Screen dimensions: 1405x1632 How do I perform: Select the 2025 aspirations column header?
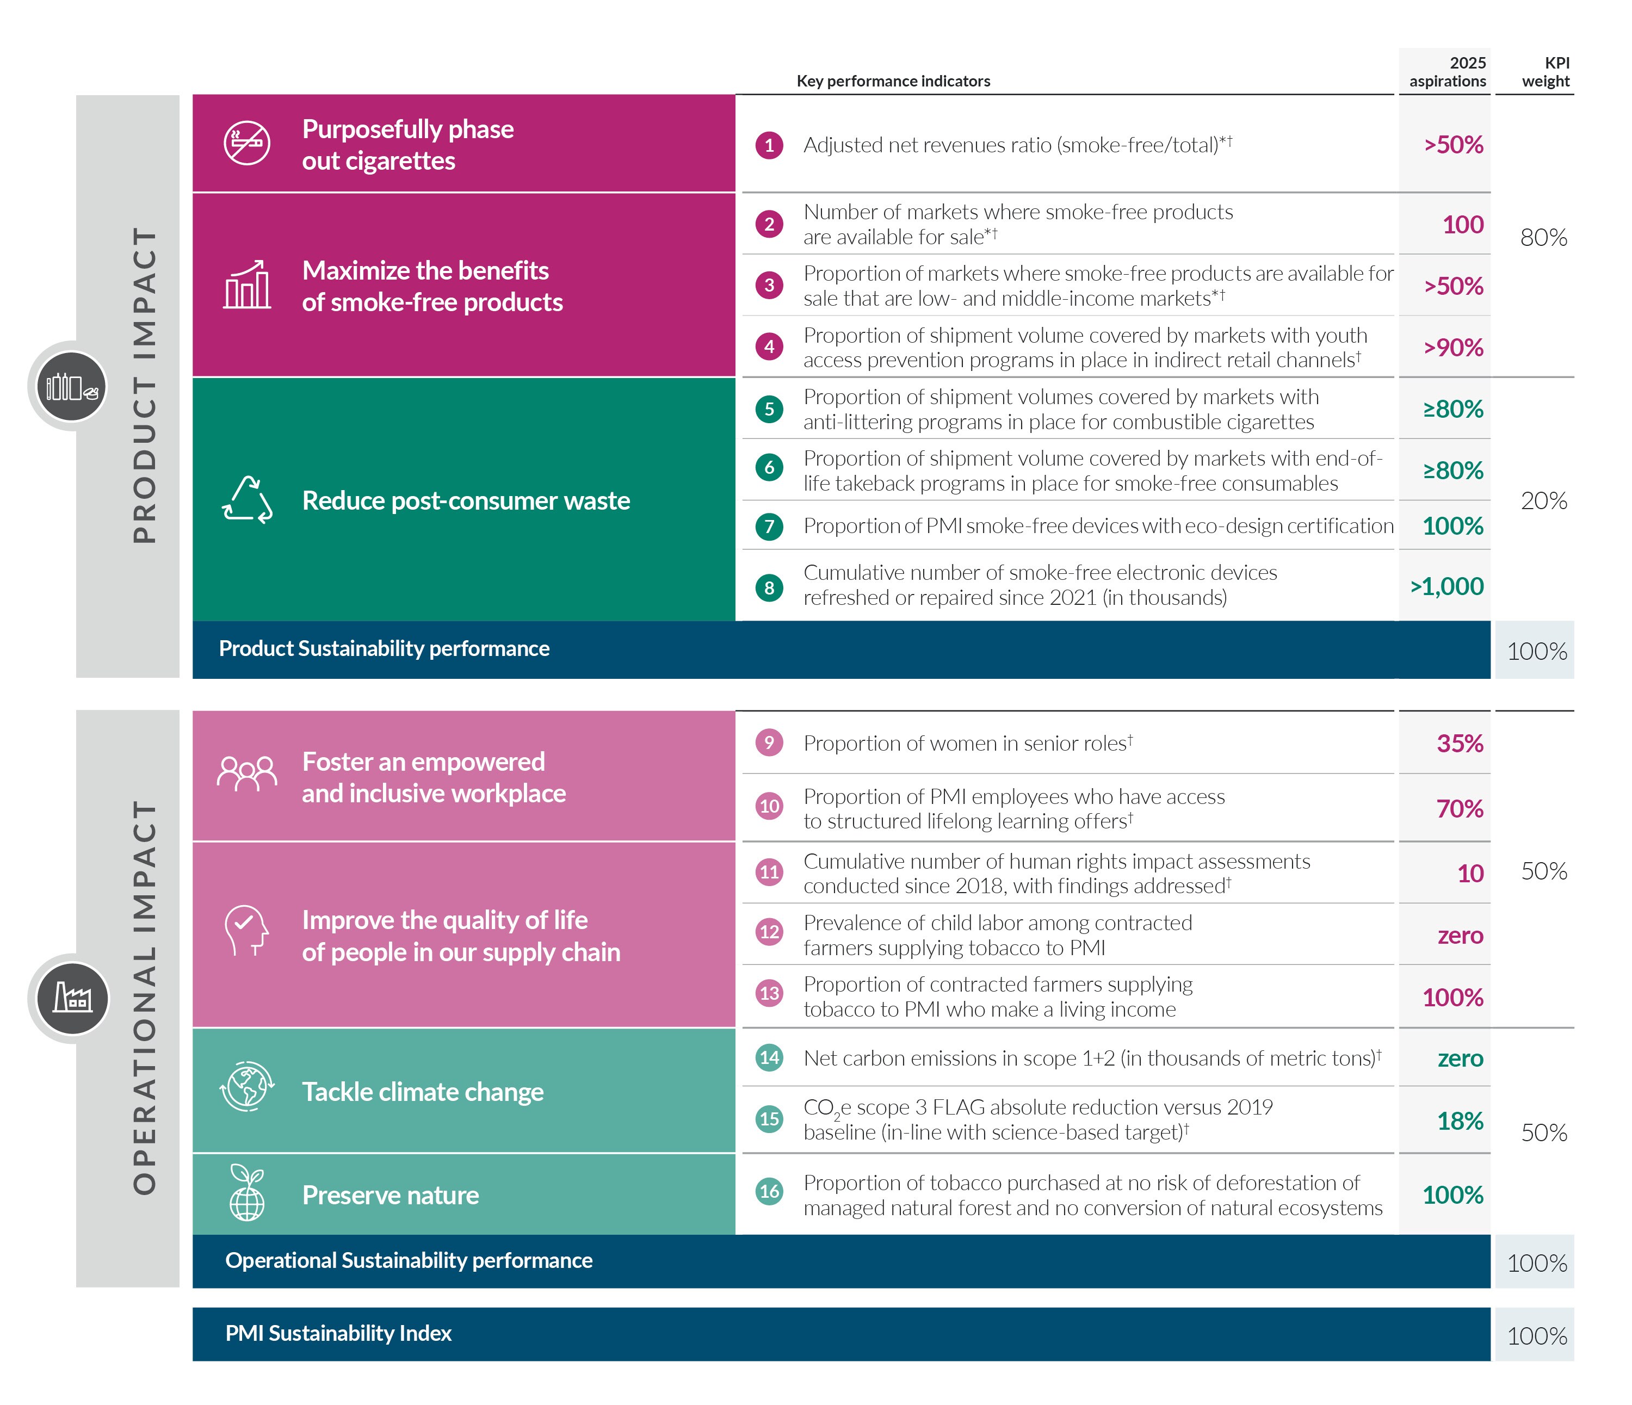(1447, 72)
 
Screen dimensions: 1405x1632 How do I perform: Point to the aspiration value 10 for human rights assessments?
(1470, 874)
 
